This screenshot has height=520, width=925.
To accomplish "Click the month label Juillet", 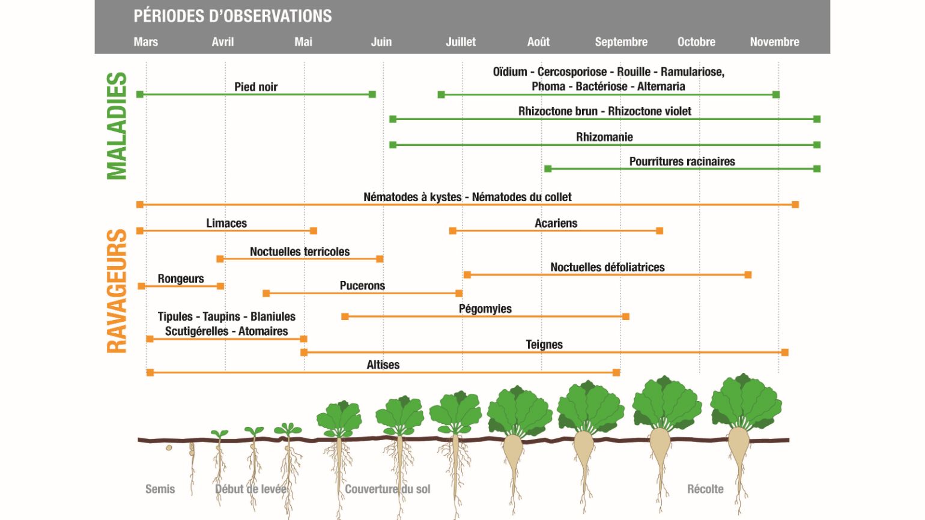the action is pyautogui.click(x=461, y=41).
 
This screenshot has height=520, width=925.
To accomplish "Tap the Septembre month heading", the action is pyautogui.click(x=621, y=42).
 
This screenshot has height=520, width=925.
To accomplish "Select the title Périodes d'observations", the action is pyautogui.click(x=232, y=16).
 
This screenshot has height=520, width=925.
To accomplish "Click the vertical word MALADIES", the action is pyautogui.click(x=117, y=126).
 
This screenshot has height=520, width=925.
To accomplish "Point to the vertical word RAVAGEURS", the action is pyautogui.click(x=117, y=291).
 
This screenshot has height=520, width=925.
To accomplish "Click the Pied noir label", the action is pyautogui.click(x=256, y=86).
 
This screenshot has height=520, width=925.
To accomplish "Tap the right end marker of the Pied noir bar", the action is pyautogui.click(x=372, y=94).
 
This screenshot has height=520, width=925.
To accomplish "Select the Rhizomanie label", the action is pyautogui.click(x=604, y=137).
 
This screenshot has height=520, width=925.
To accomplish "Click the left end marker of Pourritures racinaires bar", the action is pyautogui.click(x=548, y=169).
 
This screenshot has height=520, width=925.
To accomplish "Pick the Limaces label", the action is pyautogui.click(x=226, y=223).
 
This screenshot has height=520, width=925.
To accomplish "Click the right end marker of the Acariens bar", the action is pyautogui.click(x=660, y=231).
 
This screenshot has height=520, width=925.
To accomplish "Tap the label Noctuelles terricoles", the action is pyautogui.click(x=300, y=252).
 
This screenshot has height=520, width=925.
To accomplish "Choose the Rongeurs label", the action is pyautogui.click(x=181, y=279).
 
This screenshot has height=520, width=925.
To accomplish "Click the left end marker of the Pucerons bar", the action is pyautogui.click(x=266, y=294).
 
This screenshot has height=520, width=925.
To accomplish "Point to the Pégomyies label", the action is pyautogui.click(x=485, y=309).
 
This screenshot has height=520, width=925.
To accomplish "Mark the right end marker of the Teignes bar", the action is pyautogui.click(x=785, y=352).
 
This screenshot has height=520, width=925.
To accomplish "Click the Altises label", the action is pyautogui.click(x=383, y=365).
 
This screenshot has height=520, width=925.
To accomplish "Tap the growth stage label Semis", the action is pyautogui.click(x=160, y=489).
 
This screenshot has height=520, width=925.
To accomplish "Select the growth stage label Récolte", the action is pyautogui.click(x=705, y=489).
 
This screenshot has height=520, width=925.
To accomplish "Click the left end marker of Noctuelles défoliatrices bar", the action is pyautogui.click(x=467, y=275).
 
